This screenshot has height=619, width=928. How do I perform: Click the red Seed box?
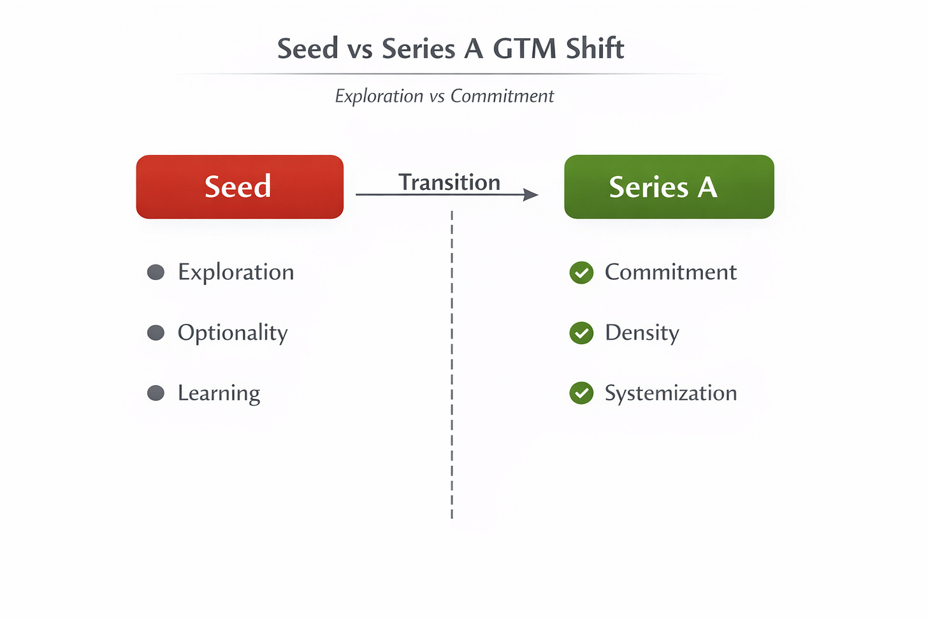click(x=240, y=187)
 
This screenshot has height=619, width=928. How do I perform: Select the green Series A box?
click(x=669, y=187)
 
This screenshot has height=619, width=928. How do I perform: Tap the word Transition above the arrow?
click(x=449, y=182)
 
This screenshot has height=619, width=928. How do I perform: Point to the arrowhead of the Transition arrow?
click(x=531, y=194)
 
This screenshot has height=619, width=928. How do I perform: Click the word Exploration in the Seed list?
click(x=236, y=272)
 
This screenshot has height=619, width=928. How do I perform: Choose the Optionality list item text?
click(x=233, y=333)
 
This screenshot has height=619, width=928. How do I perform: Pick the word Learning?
click(x=219, y=393)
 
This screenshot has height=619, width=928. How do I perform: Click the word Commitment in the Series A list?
click(x=671, y=272)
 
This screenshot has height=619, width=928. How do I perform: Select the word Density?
click(x=642, y=333)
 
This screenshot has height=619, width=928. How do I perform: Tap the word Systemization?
click(x=671, y=393)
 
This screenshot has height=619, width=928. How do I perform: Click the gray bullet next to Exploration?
click(x=156, y=272)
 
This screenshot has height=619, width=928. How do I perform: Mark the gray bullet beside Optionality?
click(x=156, y=333)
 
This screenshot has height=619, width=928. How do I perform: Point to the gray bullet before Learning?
click(x=156, y=393)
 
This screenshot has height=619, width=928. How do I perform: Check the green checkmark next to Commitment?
click(x=581, y=273)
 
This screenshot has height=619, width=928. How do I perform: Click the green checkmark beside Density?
click(x=581, y=333)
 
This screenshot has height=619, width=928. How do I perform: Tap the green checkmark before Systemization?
click(x=581, y=393)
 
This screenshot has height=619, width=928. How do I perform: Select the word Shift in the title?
click(x=595, y=49)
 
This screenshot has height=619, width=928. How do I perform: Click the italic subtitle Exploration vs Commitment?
click(x=444, y=96)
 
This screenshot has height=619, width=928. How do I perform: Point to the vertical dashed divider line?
click(x=452, y=363)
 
